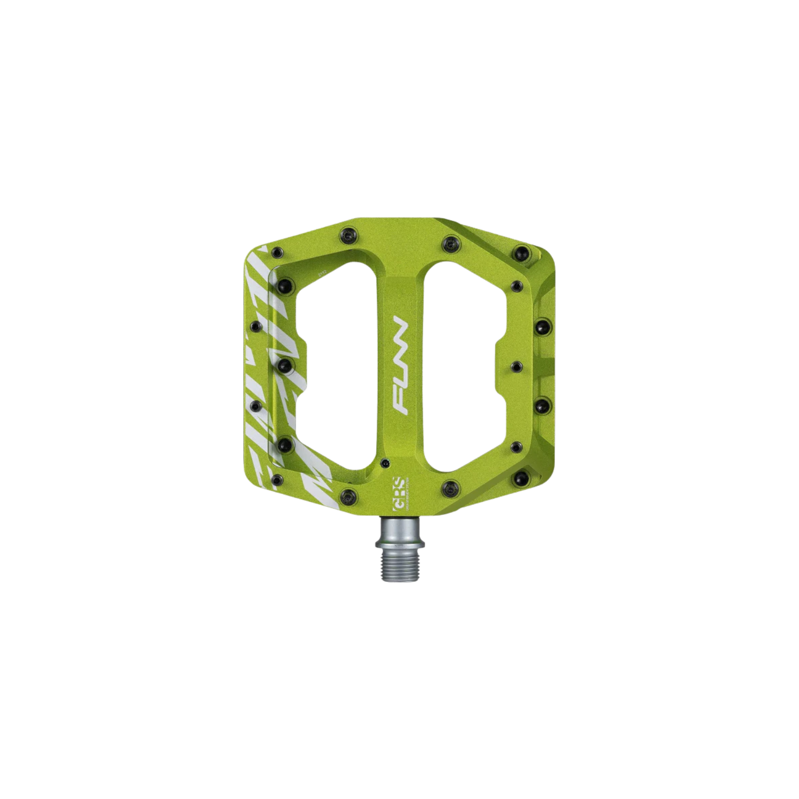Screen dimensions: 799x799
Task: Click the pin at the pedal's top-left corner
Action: pos(277,252)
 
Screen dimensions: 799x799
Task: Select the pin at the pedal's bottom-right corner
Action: pos(521,477)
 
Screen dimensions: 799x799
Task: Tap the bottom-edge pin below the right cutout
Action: pos(448,487)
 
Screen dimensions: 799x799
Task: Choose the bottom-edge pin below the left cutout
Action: pos(346,493)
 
